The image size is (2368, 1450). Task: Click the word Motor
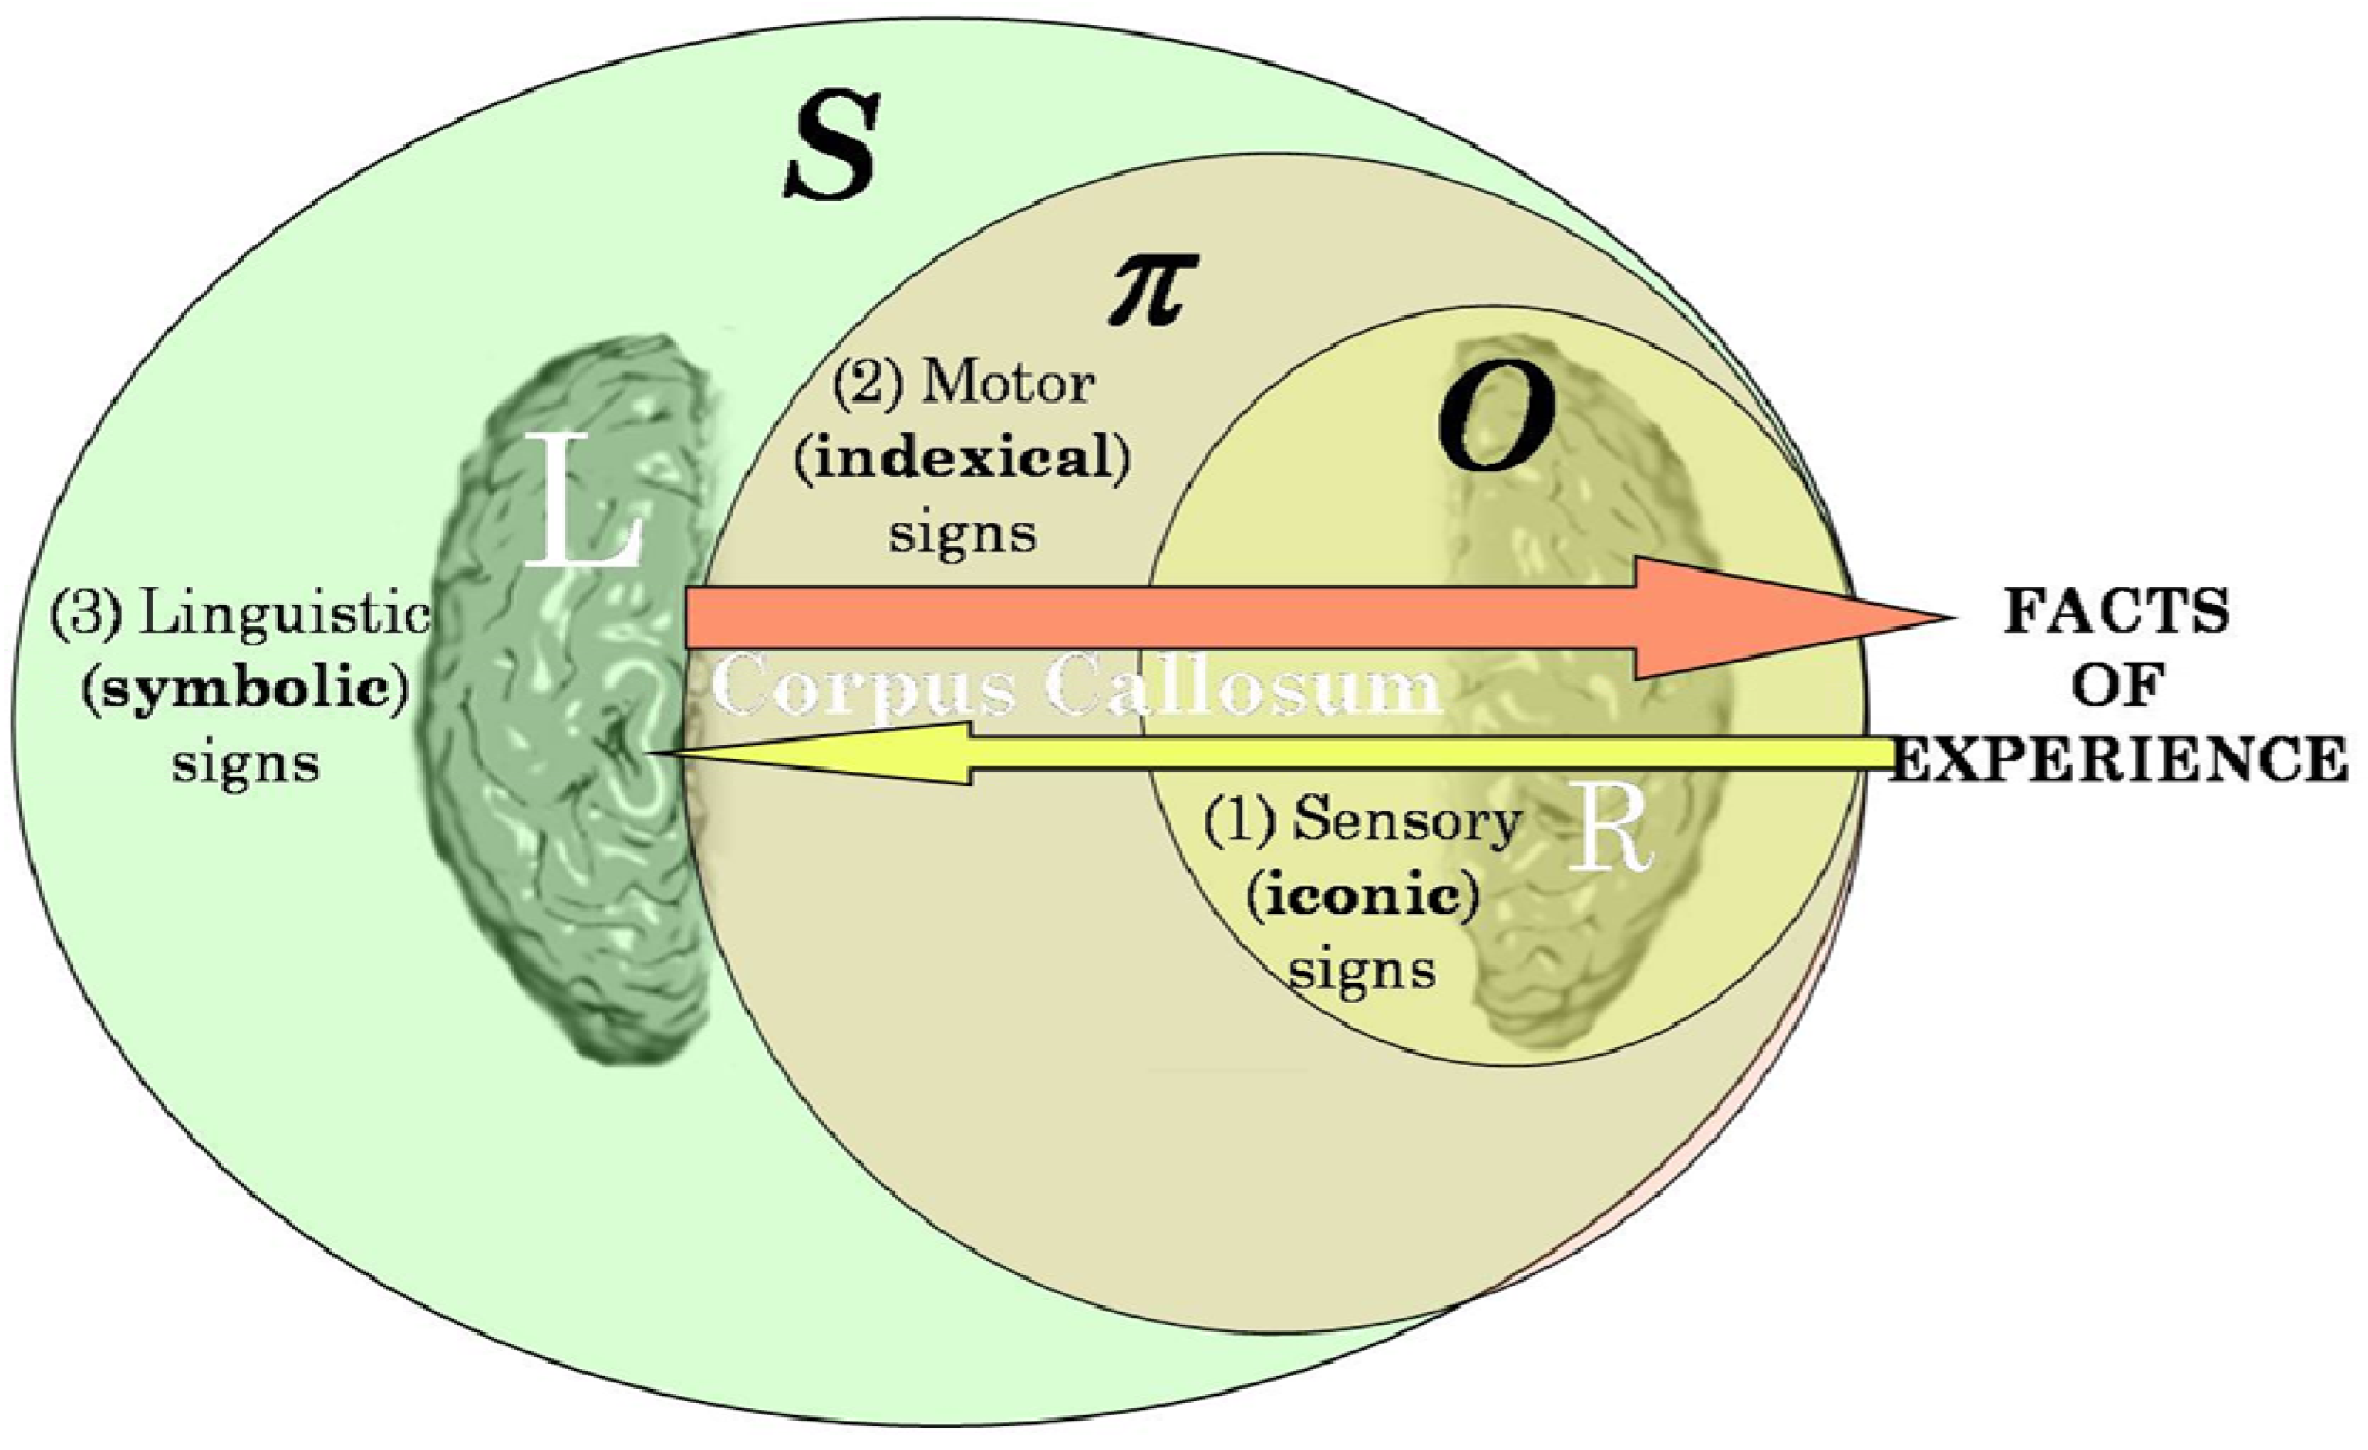pos(1007,385)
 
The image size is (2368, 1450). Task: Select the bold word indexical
pos(962,458)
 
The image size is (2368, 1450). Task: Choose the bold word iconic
pos(1363,896)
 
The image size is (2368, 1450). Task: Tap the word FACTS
pos(2115,611)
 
